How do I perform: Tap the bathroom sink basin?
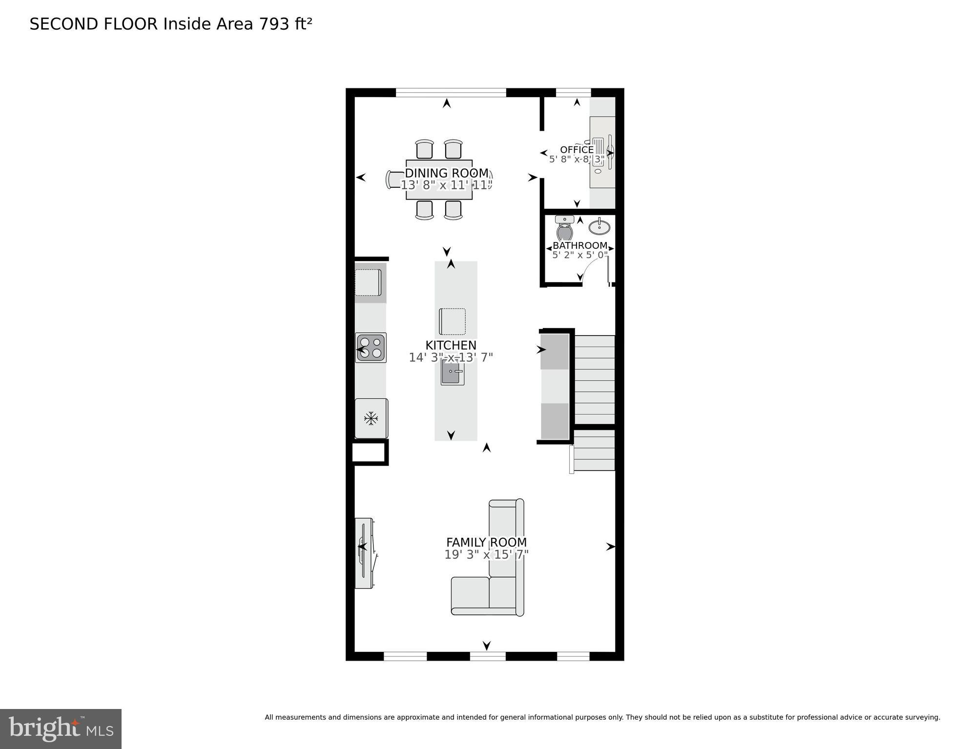(x=599, y=227)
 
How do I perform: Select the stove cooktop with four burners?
(x=371, y=347)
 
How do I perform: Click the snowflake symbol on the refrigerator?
(x=371, y=418)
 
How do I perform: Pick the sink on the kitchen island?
(x=452, y=372)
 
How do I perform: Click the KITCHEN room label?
(x=451, y=345)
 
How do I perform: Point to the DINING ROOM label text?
(x=447, y=173)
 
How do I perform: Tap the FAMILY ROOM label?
(x=486, y=542)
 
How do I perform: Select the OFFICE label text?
(x=577, y=150)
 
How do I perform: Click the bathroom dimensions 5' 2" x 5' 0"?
(x=580, y=255)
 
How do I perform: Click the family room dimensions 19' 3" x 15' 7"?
(x=486, y=555)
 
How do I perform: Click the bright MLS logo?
(x=61, y=729)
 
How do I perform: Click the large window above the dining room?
(x=451, y=92)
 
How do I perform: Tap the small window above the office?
(x=573, y=92)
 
